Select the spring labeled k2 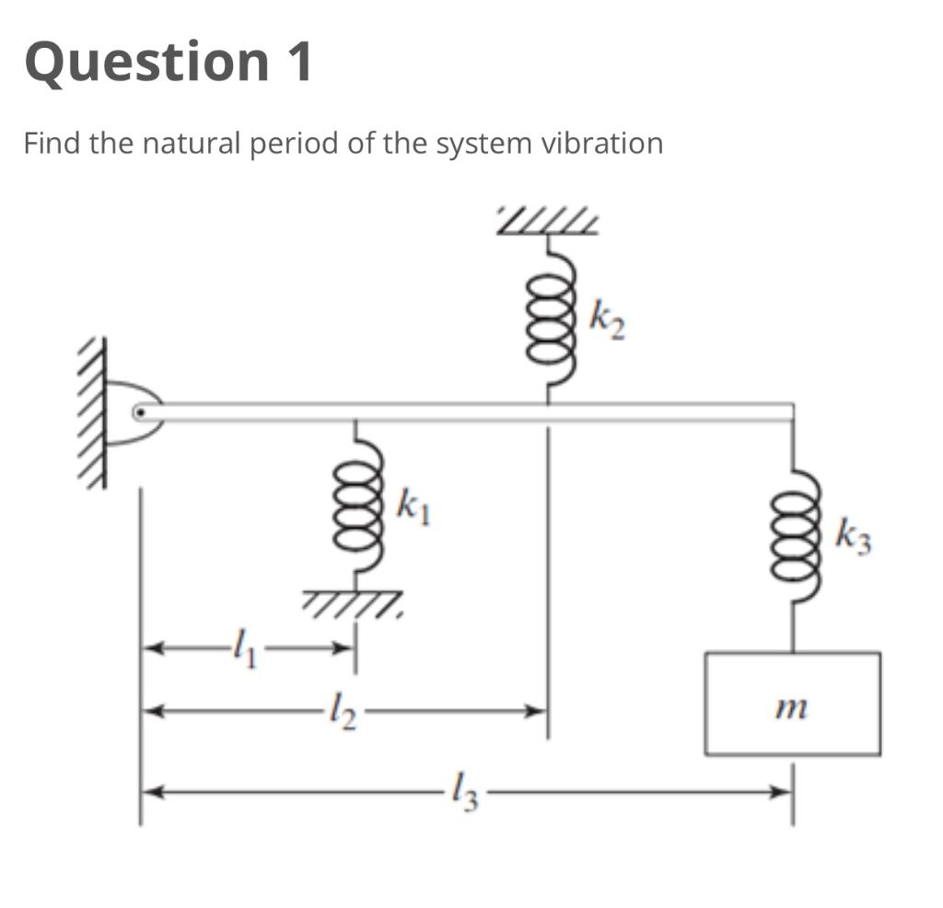point(550,319)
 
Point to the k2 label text point(608,322)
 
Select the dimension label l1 point(243,649)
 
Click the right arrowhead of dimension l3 point(782,790)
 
